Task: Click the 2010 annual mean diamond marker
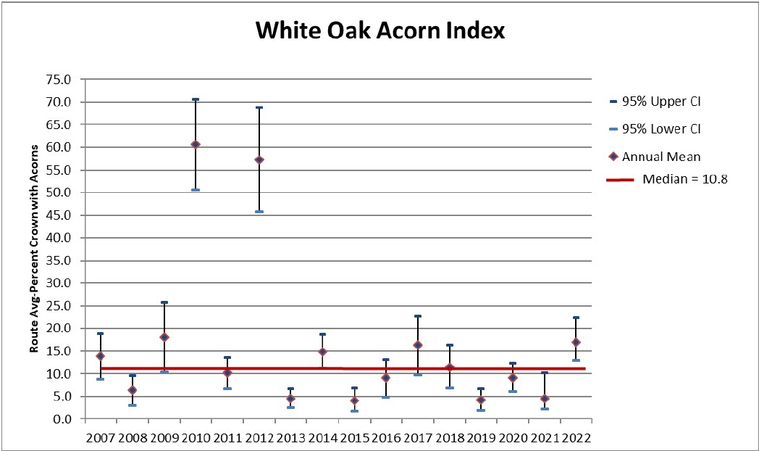[x=196, y=144]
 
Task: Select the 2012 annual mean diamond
[x=259, y=160]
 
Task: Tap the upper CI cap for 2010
[x=196, y=99]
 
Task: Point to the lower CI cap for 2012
[x=259, y=212]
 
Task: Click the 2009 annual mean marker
[x=164, y=337]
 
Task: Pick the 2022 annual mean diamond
[x=576, y=342]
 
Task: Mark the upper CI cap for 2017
[x=418, y=316]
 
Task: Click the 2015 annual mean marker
[x=354, y=400]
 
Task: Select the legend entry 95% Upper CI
[x=666, y=102]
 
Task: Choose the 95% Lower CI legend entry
[x=666, y=129]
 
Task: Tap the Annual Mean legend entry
[x=666, y=156]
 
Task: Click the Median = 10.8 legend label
[x=684, y=179]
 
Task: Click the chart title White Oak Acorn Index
[x=379, y=31]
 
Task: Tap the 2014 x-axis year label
[x=323, y=438]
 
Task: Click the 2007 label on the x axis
[x=101, y=438]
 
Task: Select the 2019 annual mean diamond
[x=481, y=400]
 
